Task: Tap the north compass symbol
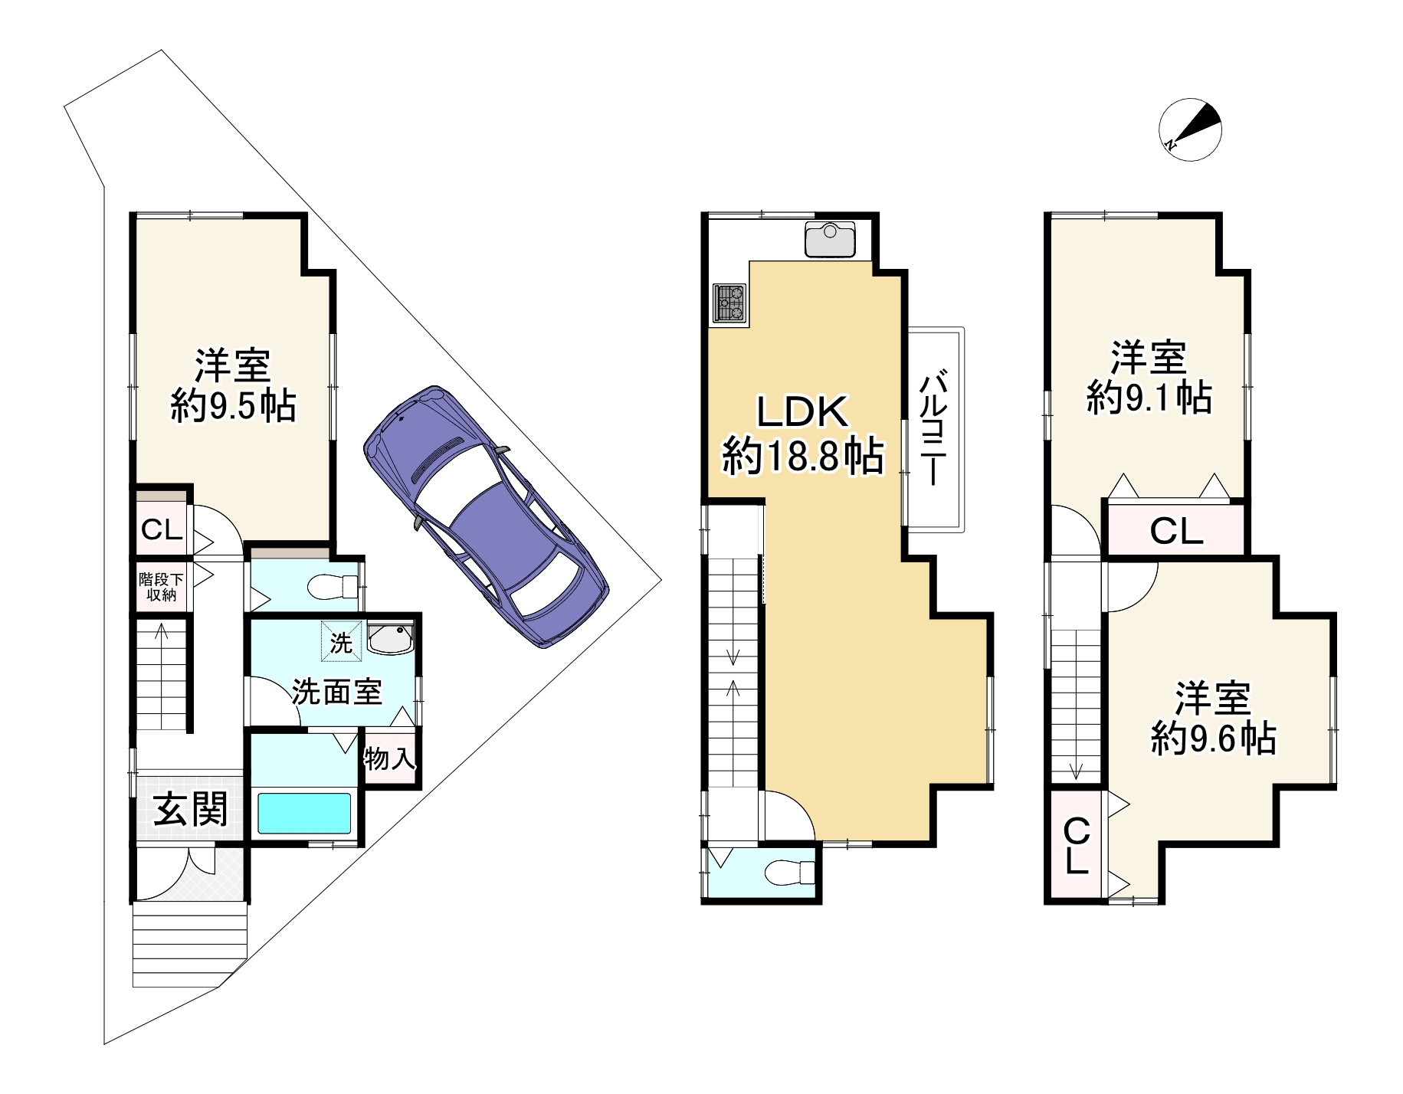click(1190, 129)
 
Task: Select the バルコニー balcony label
click(933, 428)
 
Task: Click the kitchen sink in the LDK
click(830, 239)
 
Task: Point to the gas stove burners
click(729, 303)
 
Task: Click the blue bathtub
click(304, 813)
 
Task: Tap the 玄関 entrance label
click(190, 809)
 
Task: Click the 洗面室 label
click(336, 692)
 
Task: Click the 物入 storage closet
click(390, 758)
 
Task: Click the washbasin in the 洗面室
click(391, 638)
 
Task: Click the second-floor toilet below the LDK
click(789, 872)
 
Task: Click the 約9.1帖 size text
click(1149, 398)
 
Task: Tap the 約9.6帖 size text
click(1213, 739)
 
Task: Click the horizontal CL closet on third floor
click(1176, 530)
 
